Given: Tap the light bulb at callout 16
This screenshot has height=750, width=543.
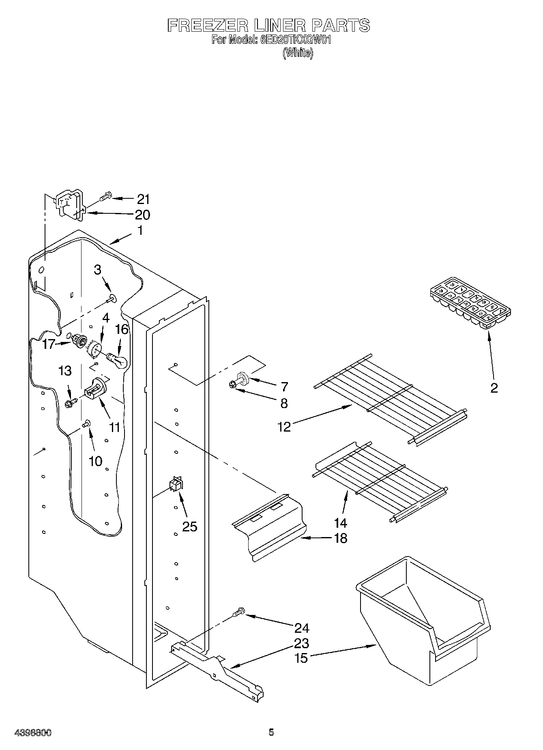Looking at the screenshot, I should (x=118, y=360).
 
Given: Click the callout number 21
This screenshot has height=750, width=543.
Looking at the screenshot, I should (x=143, y=199).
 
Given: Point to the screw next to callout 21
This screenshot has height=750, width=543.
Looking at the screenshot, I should (x=105, y=198).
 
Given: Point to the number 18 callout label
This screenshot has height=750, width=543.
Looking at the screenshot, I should (x=341, y=538).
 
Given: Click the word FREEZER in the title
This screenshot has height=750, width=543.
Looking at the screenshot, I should (x=207, y=26).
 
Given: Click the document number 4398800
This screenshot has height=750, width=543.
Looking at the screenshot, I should (x=33, y=733).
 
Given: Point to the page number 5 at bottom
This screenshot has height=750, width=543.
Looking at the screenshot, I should (x=271, y=732).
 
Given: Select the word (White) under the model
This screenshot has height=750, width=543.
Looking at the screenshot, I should (x=298, y=53).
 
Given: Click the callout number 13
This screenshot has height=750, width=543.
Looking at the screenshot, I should (x=65, y=370).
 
